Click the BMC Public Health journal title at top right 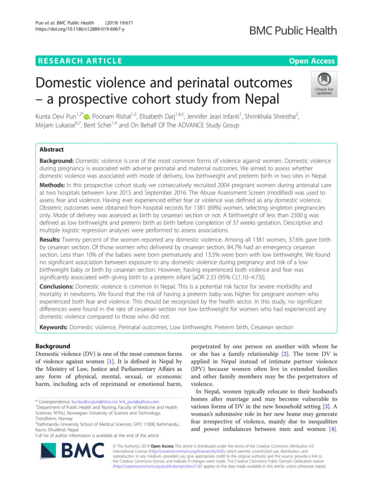(x=292, y=31)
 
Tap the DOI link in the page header (x=80, y=29)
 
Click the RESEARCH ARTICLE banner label (x=80, y=60)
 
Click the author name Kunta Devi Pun (x=56, y=115)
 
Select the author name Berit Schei (x=98, y=124)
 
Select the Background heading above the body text (x=53, y=346)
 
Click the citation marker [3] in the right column (x=324, y=407)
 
